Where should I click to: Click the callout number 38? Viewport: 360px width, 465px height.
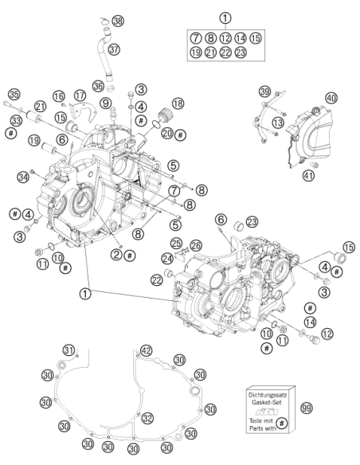(118, 21)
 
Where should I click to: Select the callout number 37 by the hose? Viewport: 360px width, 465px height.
(114, 49)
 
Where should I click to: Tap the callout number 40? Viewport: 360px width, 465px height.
(331, 98)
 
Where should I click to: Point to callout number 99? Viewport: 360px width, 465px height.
(307, 408)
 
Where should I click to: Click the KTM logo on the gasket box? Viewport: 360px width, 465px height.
(267, 412)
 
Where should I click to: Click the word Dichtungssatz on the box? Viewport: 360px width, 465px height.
(267, 395)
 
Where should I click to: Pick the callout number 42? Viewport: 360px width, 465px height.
(147, 351)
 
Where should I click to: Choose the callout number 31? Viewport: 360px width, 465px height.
(68, 350)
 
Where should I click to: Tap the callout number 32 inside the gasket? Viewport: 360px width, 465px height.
(147, 418)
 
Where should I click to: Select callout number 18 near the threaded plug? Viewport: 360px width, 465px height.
(178, 104)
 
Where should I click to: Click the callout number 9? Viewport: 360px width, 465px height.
(106, 104)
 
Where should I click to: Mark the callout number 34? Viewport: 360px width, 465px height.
(23, 178)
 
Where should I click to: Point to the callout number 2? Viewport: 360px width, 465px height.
(116, 254)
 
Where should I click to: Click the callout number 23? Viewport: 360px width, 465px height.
(252, 222)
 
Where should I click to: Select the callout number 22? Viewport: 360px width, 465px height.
(157, 279)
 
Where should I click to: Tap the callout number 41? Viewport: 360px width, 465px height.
(308, 175)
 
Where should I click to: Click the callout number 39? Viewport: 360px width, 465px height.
(264, 92)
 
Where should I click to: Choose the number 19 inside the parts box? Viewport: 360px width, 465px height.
(195, 53)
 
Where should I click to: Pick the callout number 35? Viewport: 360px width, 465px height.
(14, 95)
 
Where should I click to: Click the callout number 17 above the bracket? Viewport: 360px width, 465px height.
(80, 96)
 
